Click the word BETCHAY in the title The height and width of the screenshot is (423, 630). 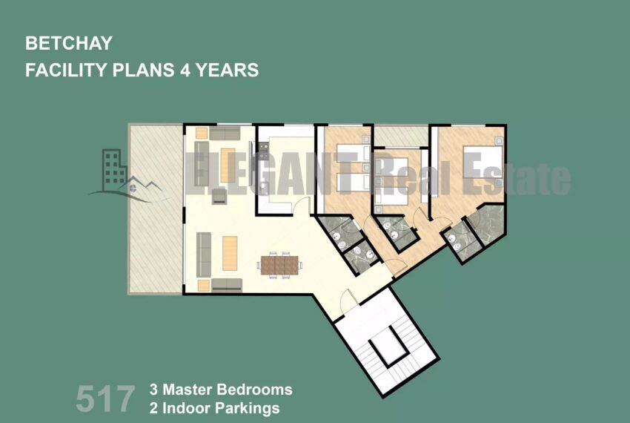pos(69,43)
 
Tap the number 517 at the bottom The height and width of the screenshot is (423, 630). pos(105,399)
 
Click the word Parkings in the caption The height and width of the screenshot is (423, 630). pos(247,408)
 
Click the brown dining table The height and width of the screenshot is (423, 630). pos(279,266)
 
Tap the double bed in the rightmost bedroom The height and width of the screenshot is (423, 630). pos(483,162)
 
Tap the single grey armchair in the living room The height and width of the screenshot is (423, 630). pos(219,196)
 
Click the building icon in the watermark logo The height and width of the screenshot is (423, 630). pos(113,170)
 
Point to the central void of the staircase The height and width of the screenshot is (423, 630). pos(388,345)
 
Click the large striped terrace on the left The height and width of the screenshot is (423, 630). pos(155,209)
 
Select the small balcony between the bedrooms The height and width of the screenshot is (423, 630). pos(400,137)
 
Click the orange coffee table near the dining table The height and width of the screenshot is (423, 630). pos(230,253)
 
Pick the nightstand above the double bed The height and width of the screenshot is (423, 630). pos(499,140)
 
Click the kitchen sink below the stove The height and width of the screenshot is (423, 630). pos(263,188)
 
